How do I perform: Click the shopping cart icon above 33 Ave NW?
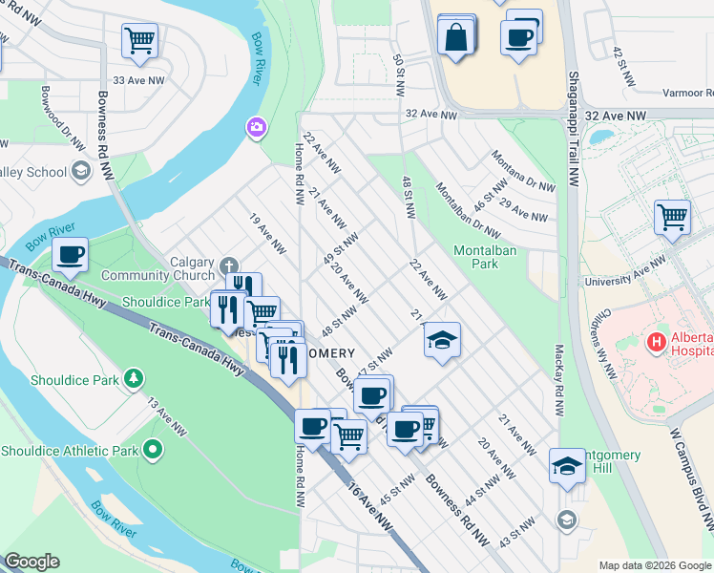tap(139, 40)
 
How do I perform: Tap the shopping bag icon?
tap(456, 37)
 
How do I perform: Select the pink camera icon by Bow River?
tap(255, 126)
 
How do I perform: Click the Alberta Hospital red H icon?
tap(657, 341)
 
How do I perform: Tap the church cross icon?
tap(228, 265)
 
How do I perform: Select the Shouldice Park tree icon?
tap(135, 380)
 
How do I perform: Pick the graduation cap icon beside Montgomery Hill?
tap(567, 467)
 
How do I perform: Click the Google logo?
tap(31, 562)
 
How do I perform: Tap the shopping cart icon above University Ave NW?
tap(672, 217)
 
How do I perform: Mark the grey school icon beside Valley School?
tap(82, 171)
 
